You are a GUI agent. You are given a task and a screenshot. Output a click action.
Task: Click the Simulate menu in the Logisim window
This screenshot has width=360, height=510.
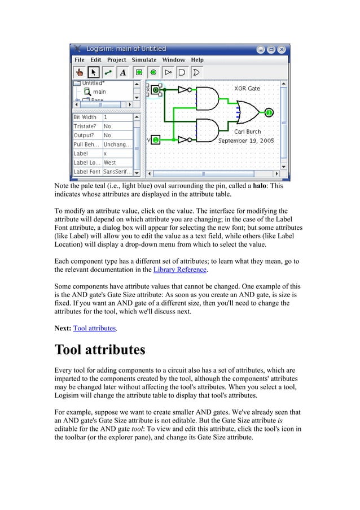click(x=144, y=60)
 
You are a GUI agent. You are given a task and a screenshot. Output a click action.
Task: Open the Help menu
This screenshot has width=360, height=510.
click(x=197, y=60)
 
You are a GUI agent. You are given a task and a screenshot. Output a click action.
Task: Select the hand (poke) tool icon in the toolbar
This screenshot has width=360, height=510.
click(x=80, y=72)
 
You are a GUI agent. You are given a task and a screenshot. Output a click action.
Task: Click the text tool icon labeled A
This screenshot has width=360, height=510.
click(x=123, y=72)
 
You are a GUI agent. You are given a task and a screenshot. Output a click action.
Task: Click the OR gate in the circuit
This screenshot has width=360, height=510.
click(x=248, y=112)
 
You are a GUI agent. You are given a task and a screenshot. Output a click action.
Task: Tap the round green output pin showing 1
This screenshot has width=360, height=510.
click(x=269, y=112)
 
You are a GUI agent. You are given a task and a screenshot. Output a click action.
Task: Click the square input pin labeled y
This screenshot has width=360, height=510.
click(x=156, y=139)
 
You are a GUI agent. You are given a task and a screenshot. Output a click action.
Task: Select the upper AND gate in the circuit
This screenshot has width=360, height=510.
click(x=207, y=98)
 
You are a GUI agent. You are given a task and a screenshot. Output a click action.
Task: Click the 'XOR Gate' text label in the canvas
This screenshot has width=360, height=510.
click(x=247, y=89)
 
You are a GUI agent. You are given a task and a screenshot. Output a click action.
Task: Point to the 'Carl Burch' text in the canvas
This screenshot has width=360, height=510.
click(x=247, y=132)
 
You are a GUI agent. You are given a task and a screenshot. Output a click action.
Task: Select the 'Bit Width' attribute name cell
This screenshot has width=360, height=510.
click(x=86, y=117)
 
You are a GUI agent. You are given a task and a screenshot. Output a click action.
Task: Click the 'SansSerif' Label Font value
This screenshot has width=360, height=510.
click(x=117, y=172)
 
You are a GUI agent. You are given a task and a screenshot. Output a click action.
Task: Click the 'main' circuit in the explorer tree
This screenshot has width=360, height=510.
click(x=99, y=91)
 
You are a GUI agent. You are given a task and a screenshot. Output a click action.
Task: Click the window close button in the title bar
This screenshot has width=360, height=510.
click(x=283, y=49)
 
